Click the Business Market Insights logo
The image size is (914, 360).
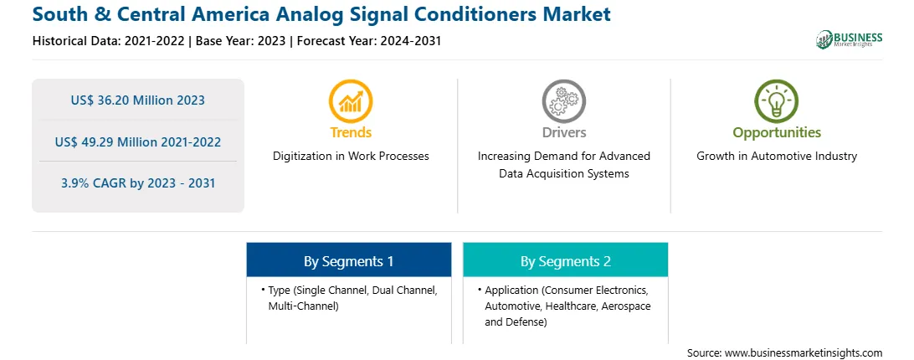850,39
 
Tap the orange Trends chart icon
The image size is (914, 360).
351,101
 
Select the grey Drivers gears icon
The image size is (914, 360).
563,101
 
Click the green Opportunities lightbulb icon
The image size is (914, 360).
777,101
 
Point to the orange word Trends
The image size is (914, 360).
351,132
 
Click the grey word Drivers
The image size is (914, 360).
564,132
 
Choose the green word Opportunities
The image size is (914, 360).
777,133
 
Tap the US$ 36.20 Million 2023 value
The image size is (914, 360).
137,100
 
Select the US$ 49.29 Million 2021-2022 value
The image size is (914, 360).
137,141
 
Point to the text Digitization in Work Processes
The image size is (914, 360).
351,157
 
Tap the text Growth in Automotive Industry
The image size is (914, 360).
777,157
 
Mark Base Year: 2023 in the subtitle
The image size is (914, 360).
241,41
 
